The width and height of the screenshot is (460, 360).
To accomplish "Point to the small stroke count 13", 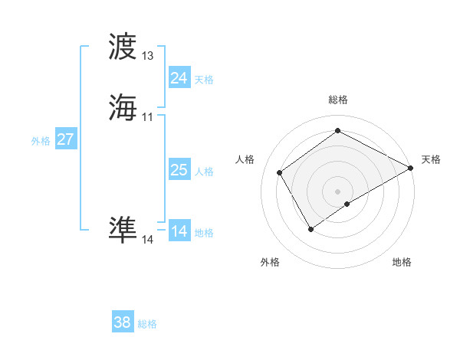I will (148, 56).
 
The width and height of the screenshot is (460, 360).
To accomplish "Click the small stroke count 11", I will (148, 116).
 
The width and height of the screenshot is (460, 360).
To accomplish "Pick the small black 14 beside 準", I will (148, 240).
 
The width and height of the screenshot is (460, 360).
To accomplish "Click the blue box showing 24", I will (179, 78).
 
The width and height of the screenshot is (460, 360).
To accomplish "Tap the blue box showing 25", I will (179, 170).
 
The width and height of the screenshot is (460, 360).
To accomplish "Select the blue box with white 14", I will (179, 231).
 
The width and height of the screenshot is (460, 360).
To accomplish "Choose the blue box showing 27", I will (65, 139).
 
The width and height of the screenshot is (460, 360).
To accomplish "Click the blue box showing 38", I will (123, 322).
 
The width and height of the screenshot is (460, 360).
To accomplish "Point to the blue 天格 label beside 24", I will (204, 80).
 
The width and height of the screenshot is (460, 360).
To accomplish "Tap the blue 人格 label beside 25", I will (204, 172).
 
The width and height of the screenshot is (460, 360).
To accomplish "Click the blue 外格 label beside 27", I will (41, 141).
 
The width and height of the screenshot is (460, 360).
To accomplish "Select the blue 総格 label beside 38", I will (147, 324).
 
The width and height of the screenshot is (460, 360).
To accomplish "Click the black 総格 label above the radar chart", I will (338, 100).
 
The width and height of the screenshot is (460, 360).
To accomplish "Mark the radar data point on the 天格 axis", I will (411, 168).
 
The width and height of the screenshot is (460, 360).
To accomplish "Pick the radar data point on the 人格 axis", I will (280, 173).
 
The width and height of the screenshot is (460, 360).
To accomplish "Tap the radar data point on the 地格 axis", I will (347, 204).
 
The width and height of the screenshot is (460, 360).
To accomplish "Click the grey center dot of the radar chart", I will (338, 191).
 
